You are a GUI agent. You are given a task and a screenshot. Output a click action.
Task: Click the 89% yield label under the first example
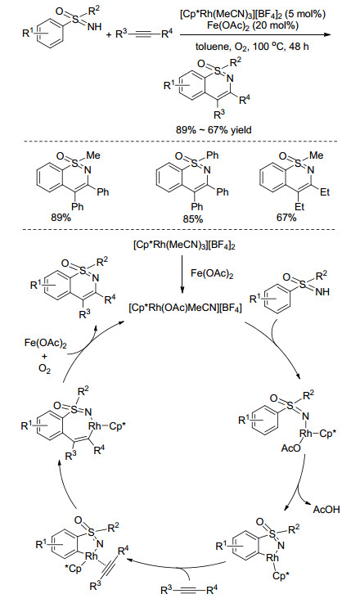click(61, 218)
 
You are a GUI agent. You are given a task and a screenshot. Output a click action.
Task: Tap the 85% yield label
click(192, 219)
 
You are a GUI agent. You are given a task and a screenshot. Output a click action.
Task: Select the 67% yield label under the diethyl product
click(286, 218)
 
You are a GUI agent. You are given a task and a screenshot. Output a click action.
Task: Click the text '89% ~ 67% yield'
click(214, 130)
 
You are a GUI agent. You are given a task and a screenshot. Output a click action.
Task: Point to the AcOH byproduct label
click(326, 510)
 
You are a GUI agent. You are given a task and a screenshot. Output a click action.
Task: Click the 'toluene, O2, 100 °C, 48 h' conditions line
click(252, 47)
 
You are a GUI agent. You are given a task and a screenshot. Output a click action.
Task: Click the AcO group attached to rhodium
click(291, 448)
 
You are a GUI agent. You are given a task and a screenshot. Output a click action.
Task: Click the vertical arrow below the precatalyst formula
click(182, 273)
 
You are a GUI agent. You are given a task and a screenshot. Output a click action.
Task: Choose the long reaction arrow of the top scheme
click(255, 34)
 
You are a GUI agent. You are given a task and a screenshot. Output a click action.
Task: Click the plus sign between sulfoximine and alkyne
click(109, 35)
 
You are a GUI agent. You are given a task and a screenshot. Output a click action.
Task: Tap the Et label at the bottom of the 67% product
click(299, 206)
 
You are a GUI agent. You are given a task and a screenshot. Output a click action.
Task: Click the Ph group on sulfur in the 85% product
click(212, 155)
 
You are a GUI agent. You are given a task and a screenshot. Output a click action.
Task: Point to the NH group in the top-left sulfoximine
click(94, 26)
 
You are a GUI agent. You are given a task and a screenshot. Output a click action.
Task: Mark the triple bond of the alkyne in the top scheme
click(143, 35)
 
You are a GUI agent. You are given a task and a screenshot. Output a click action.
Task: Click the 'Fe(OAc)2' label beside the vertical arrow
click(212, 274)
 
